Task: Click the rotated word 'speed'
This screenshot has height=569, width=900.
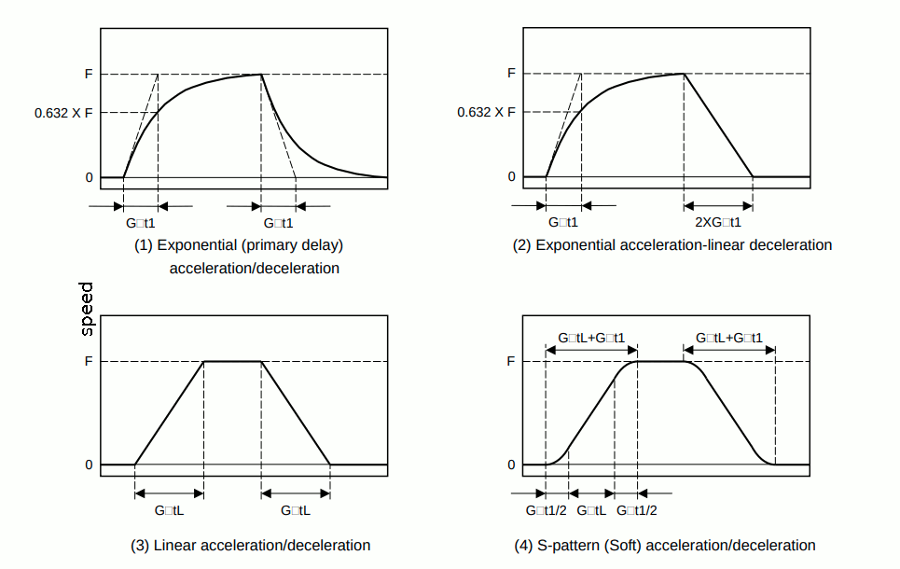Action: point(87,309)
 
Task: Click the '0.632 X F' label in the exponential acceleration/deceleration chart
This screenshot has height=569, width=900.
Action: point(64,113)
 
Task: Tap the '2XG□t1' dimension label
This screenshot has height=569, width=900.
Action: point(718,222)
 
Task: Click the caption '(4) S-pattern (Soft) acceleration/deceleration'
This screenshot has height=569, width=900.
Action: point(665,545)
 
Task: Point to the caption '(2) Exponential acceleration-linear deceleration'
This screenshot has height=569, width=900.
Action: point(672,245)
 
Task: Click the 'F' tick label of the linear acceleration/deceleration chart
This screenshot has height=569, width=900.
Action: point(89,361)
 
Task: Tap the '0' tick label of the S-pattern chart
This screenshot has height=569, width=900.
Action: point(511,465)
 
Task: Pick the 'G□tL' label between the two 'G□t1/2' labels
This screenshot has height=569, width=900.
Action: point(591,510)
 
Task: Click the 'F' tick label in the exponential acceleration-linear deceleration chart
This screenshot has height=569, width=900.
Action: point(511,73)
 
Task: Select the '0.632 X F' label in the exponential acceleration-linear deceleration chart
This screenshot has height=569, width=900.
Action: point(487,112)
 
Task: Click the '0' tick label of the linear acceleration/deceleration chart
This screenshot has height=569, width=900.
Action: point(89,465)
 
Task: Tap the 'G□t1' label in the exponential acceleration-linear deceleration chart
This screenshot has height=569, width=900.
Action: point(563,222)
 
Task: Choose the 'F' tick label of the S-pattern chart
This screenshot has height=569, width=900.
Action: point(511,361)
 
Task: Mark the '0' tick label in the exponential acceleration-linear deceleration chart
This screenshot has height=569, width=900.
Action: point(511,176)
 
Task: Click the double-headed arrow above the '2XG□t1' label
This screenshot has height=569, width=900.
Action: point(718,205)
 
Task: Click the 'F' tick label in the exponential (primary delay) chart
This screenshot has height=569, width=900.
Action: point(89,74)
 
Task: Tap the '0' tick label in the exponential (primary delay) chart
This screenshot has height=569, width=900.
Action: point(89,177)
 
